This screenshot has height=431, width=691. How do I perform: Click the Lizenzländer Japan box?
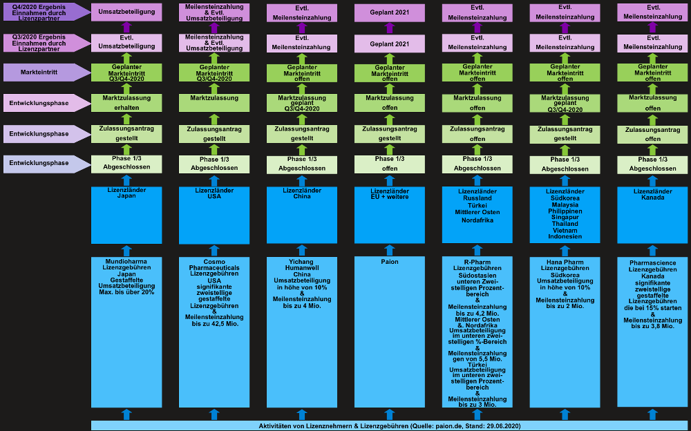click(x=126, y=215)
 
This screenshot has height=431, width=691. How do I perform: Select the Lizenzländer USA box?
click(x=214, y=215)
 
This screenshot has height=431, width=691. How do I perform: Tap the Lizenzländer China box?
click(x=302, y=215)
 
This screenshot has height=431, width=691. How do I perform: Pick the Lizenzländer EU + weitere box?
click(x=390, y=215)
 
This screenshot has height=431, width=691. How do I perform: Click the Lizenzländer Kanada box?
click(x=653, y=215)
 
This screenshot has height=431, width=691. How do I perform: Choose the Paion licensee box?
click(x=390, y=332)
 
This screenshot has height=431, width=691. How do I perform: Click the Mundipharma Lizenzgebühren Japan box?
click(x=126, y=332)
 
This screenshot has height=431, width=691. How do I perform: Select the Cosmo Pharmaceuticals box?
click(x=214, y=332)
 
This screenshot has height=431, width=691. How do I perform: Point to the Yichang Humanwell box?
click(x=302, y=332)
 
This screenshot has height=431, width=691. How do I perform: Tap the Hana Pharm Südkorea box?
click(x=565, y=332)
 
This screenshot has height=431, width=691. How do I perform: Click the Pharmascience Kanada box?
click(x=653, y=332)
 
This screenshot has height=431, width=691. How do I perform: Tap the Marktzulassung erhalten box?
click(x=126, y=103)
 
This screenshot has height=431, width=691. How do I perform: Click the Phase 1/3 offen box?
click(x=390, y=164)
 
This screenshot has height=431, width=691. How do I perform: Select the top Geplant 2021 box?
click(x=390, y=13)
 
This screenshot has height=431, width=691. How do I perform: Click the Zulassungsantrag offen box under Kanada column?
click(x=653, y=135)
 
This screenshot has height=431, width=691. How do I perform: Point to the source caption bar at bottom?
click(x=390, y=425)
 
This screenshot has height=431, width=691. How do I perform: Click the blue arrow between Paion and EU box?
click(x=390, y=250)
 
